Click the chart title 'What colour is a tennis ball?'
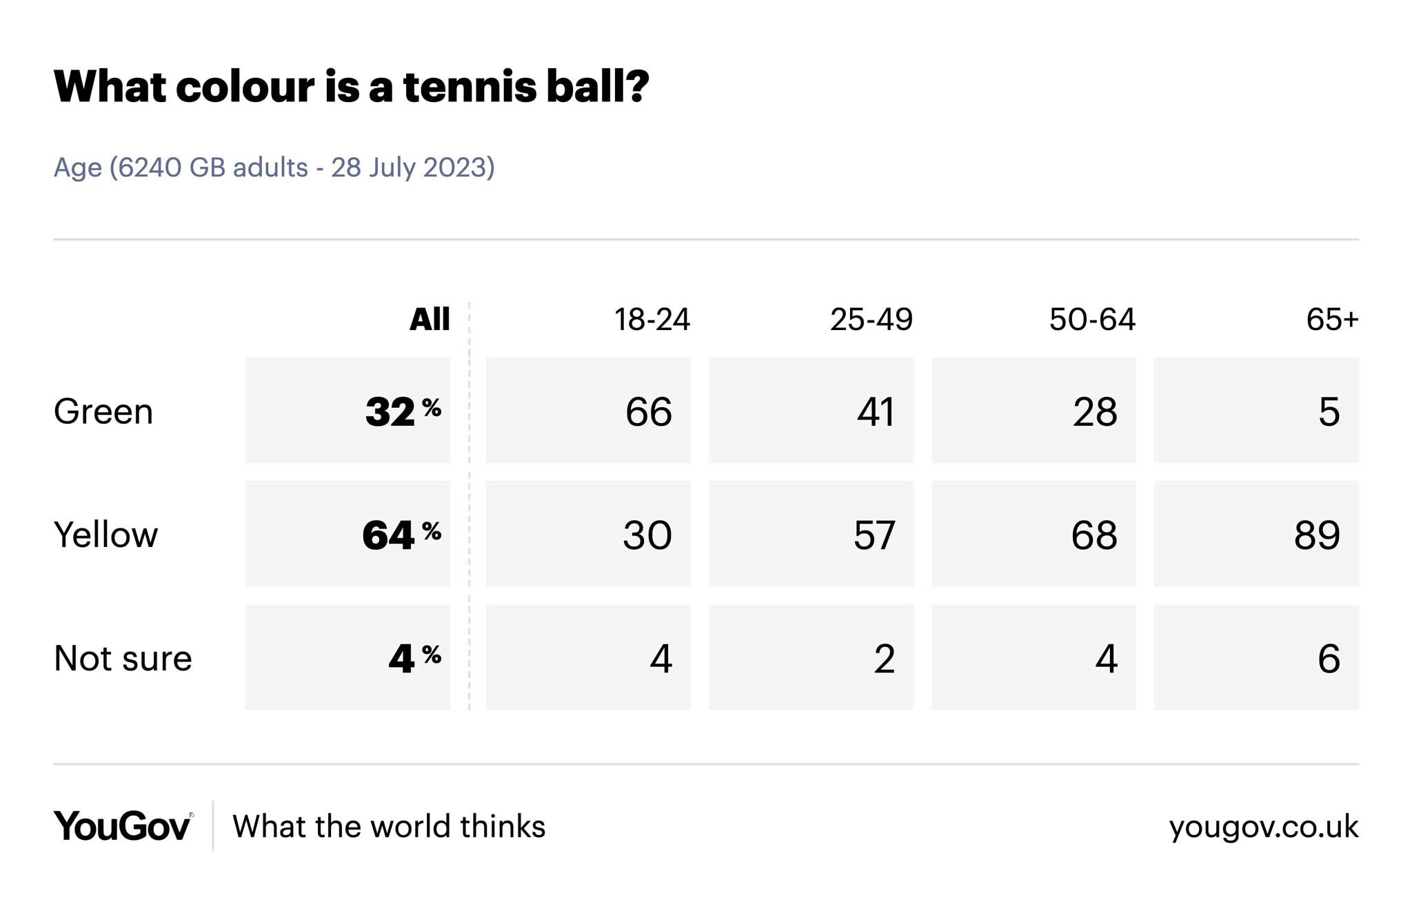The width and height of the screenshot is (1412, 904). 351,87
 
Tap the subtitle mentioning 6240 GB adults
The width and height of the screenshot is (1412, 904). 274,167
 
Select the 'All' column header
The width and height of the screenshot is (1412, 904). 429,319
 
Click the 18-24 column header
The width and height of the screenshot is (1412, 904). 652,319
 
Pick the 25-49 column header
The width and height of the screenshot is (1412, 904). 871,319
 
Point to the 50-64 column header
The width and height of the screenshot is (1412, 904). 1091,319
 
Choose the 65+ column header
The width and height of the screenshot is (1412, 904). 1331,319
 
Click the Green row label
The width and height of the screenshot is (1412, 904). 103,411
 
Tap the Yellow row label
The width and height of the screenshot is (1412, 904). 105,535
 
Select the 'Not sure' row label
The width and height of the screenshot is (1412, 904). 123,658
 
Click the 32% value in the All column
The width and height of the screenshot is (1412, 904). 402,411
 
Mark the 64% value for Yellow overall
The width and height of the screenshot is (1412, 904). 401,535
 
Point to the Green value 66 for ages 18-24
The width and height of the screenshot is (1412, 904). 647,411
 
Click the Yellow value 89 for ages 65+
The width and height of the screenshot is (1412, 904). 1316,535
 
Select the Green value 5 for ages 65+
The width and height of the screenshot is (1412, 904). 1329,411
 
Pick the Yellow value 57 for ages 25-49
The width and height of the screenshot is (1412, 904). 874,535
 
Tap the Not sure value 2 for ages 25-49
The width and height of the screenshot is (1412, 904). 884,658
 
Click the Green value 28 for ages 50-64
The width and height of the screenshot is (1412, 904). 1094,411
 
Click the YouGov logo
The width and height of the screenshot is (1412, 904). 123,825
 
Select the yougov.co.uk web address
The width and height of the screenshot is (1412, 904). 1263,826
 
